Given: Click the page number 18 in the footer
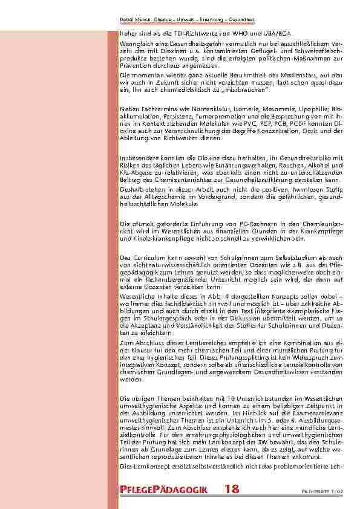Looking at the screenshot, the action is (x=231, y=490).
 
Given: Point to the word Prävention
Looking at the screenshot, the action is (x=135, y=66).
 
